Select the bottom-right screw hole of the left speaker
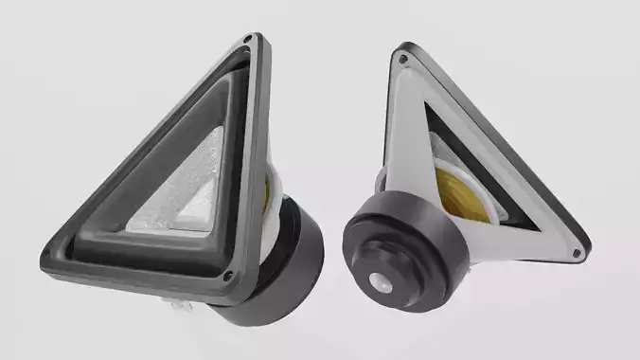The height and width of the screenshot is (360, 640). pyautogui.click(x=228, y=277)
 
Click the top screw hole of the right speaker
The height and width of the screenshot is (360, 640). pyautogui.click(x=403, y=59)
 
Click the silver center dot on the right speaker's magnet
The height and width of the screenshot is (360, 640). pyautogui.click(x=382, y=280)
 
